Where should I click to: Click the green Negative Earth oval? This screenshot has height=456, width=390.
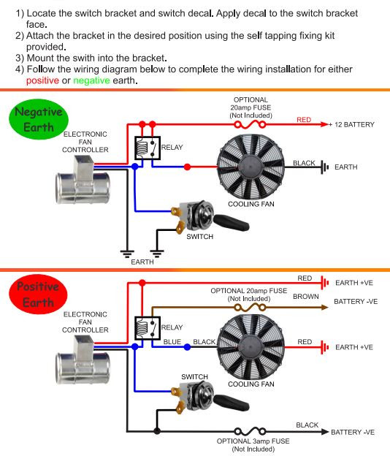[39, 119]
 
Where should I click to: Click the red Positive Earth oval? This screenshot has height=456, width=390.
[38, 294]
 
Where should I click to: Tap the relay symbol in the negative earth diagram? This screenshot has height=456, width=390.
[148, 148]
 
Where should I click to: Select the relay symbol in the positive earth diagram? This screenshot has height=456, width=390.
[148, 328]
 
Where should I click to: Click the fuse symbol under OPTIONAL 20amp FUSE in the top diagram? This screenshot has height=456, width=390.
[250, 125]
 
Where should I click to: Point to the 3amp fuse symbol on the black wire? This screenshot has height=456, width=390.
[250, 431]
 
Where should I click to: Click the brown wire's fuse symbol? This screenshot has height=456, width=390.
[250, 308]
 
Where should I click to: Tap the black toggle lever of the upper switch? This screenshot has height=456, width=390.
[232, 222]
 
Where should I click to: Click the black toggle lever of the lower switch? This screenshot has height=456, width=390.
[232, 403]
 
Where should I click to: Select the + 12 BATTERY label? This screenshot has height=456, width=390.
[351, 125]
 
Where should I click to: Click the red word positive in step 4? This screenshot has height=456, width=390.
[42, 80]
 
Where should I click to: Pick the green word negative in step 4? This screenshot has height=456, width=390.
[91, 80]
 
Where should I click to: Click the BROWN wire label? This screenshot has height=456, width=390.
[306, 297]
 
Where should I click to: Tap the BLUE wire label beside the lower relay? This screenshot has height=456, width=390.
[172, 342]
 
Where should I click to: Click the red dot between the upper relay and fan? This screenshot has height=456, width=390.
[188, 167]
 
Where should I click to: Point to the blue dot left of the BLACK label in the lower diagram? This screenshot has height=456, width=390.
[188, 347]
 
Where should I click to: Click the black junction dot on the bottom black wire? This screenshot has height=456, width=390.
[157, 431]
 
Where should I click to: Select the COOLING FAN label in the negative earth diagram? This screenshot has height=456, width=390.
[251, 204]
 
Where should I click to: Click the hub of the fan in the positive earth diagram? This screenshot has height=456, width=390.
[251, 347]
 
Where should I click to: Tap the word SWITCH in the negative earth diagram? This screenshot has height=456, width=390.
[200, 237]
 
